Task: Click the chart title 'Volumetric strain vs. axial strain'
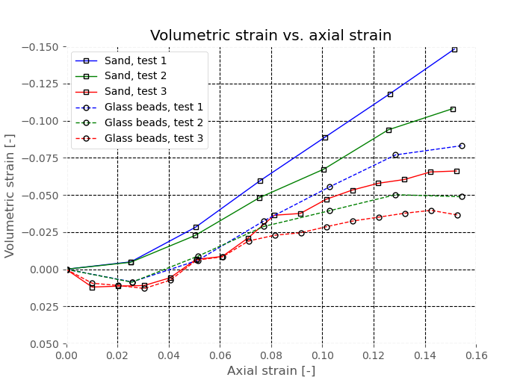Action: click(270, 36)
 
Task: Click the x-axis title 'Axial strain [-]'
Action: click(270, 371)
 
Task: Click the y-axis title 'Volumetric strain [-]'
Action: click(10, 196)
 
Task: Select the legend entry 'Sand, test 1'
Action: click(136, 60)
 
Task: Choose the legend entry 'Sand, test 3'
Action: click(136, 91)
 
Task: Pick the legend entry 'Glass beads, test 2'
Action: click(154, 122)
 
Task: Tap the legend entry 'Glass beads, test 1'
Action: click(154, 107)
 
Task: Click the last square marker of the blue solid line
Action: click(454, 49)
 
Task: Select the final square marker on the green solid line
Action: click(453, 109)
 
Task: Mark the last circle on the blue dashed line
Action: click(462, 146)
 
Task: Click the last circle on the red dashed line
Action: click(457, 215)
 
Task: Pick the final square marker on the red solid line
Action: click(457, 171)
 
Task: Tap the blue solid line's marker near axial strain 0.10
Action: click(325, 137)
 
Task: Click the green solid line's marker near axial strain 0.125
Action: click(389, 130)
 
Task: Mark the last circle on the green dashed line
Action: click(462, 196)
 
